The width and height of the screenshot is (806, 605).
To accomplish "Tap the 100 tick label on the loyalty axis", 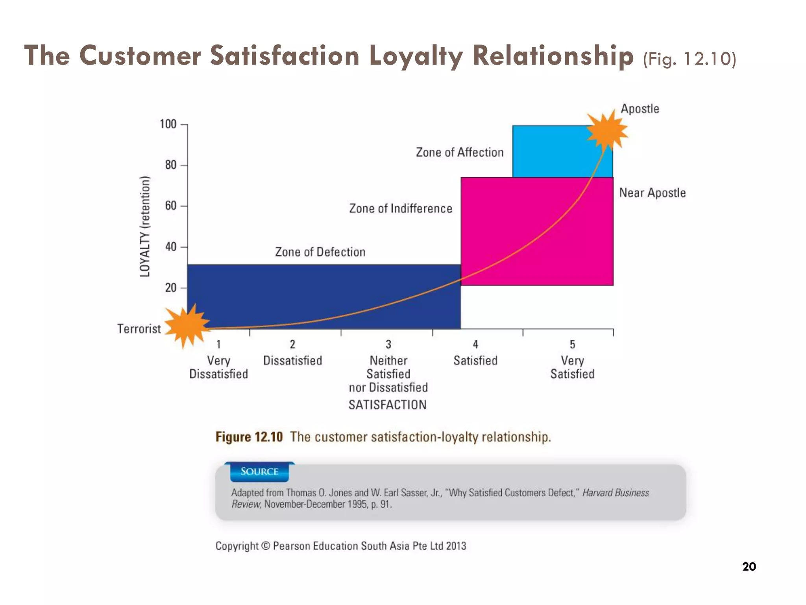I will coord(168,124).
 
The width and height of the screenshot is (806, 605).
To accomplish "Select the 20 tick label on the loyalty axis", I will coord(171,288).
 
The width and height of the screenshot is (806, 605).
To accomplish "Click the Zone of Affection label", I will coord(459,152).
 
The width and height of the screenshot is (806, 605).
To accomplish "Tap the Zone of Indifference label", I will coord(401,208).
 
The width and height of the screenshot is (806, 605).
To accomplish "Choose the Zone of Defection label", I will coord(320,252).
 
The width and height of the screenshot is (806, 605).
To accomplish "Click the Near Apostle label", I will coord(652,193).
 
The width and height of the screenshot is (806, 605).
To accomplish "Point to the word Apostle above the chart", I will coord(640,108).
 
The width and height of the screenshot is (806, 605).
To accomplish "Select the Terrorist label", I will coord(139,328).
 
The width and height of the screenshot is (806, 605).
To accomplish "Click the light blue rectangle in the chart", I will coord(551,152).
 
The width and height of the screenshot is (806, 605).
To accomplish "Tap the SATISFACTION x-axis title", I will coord(387,405).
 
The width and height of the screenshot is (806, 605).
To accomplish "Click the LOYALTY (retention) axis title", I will coord(145,226).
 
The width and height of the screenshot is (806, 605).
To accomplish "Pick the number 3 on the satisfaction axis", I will coord(388,344).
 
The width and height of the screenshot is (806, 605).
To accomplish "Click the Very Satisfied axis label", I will coord(572,367).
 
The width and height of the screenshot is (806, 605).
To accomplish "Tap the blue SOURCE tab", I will coord(259,471).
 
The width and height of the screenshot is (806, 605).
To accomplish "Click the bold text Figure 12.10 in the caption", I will coord(249,437).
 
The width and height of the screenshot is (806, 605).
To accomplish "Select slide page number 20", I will coord(749,566).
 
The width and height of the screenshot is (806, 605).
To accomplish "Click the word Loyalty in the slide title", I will coord(416,56).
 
